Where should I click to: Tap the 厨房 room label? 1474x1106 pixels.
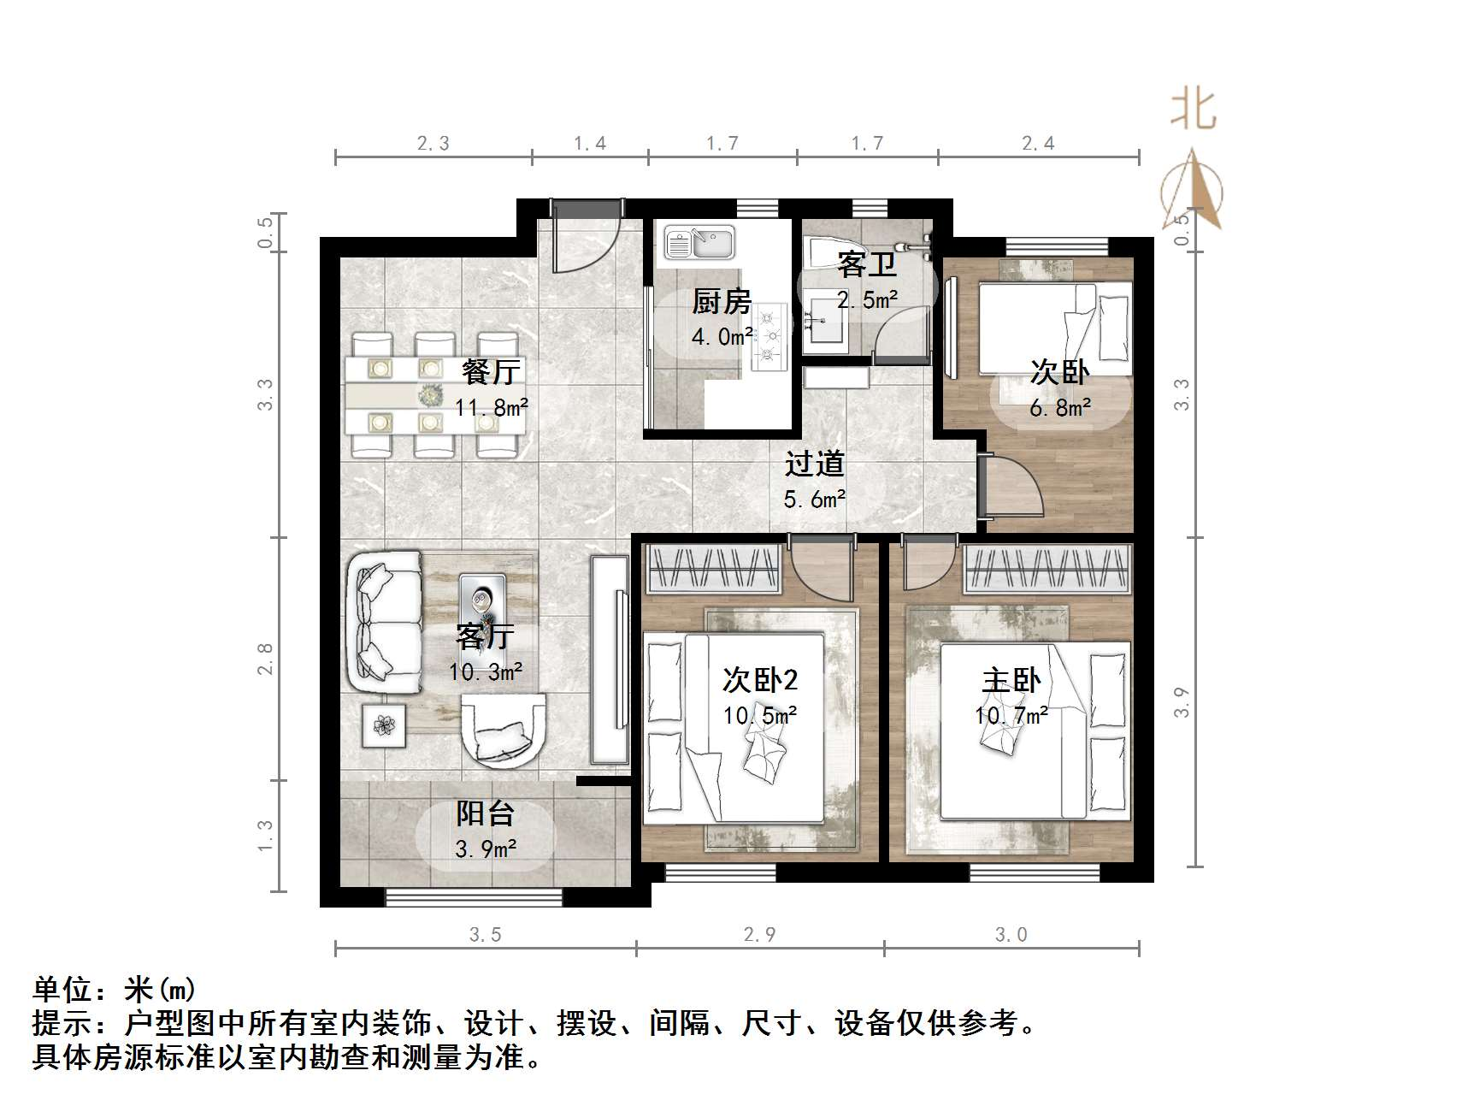722,302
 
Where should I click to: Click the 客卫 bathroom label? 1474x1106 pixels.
866,264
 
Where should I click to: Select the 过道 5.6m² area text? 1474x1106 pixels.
815,499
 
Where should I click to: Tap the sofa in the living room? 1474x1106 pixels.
385,623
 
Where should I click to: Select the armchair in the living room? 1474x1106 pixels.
503,729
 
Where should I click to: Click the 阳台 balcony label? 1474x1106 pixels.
485,813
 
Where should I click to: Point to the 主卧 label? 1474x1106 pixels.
1011,681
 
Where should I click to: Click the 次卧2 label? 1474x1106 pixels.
760,680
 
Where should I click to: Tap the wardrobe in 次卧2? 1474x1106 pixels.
713,568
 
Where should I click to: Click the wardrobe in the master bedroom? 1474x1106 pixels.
1047,568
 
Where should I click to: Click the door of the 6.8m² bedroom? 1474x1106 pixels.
1012,489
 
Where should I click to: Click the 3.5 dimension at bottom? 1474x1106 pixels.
485,935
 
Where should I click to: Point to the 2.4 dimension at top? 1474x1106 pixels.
1038,144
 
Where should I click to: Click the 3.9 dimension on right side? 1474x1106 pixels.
1182,702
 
